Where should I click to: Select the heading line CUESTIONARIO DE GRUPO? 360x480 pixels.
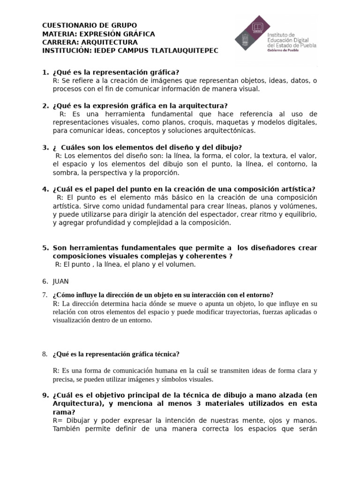click(90, 25)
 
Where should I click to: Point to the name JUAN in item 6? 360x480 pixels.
click(61, 281)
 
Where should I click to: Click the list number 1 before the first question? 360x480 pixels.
click(45, 72)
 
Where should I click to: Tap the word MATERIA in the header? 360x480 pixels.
click(58, 34)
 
